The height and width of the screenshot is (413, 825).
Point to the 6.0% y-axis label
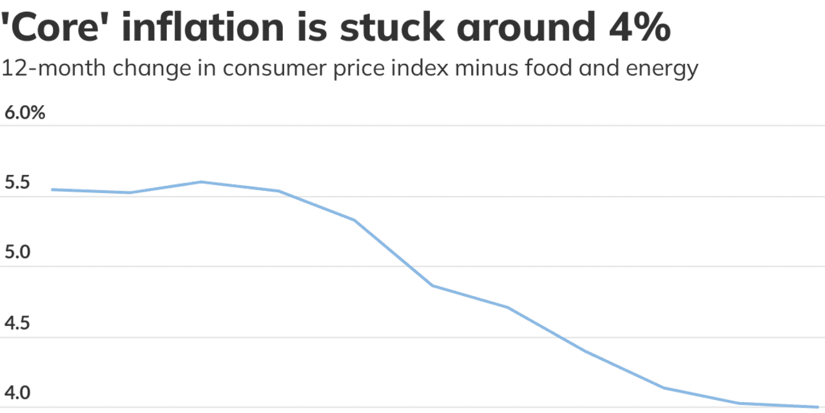(24, 114)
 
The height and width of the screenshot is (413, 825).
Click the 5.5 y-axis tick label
(17, 183)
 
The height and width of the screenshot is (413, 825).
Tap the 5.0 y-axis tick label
(17, 253)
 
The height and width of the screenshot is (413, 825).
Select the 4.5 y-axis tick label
(17, 323)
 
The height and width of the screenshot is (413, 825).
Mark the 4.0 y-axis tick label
(17, 393)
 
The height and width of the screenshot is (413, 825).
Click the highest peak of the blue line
(201, 182)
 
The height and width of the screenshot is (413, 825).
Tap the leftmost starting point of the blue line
(52, 190)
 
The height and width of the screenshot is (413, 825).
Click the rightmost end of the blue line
(817, 407)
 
